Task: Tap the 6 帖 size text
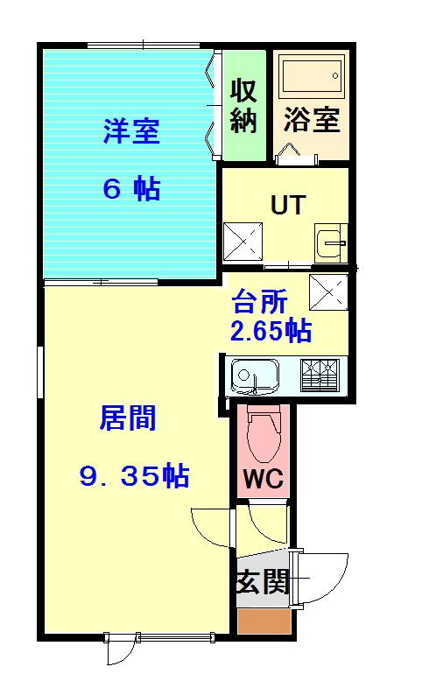130,189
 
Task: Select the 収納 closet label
243,105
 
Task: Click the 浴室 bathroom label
311,119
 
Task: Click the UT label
287,205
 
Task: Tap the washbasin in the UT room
331,239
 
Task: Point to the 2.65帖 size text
271,332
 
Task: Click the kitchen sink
255,377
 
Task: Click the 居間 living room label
128,418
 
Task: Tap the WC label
261,480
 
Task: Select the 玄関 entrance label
262,581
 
